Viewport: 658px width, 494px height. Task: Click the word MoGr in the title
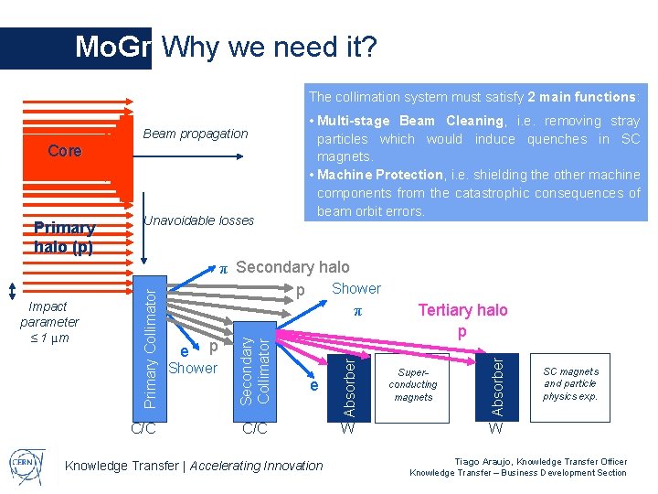111,47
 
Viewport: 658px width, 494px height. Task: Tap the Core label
64,151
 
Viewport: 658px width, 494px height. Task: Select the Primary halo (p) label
64,237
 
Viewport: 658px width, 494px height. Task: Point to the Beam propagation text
196,134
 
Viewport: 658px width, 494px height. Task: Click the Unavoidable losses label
198,220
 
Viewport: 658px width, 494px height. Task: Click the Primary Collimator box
152,343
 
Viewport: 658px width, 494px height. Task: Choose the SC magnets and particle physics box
570,384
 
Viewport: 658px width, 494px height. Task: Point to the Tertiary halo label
462,310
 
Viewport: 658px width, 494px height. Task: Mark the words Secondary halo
292,267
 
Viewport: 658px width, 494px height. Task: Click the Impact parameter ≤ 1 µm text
49,322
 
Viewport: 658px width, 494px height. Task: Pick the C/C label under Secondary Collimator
254,427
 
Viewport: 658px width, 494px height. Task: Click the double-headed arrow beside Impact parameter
11,290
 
